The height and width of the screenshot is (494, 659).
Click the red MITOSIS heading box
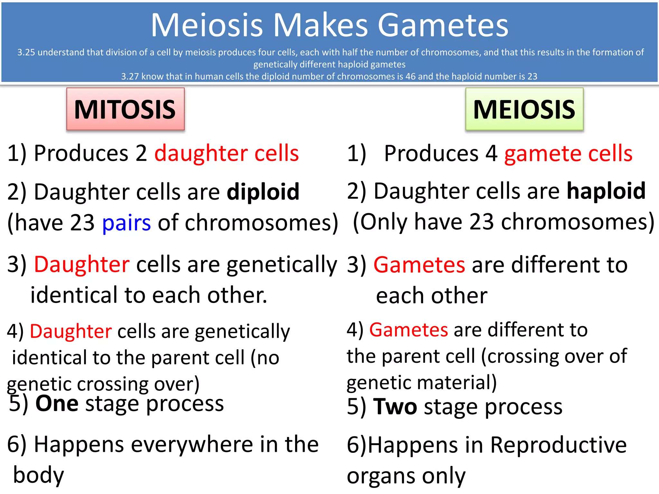[x=125, y=109]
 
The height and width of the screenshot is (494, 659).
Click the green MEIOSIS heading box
[x=524, y=109]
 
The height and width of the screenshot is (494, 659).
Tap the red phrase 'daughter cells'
[x=227, y=153]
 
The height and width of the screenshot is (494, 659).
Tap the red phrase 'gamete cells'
[x=568, y=153]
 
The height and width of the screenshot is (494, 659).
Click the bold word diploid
[x=263, y=192]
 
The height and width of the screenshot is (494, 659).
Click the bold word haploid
[x=606, y=191]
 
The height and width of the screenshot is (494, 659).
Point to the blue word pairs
[x=126, y=223]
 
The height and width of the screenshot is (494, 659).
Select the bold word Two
[x=395, y=407]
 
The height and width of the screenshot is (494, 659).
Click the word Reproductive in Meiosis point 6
[x=558, y=445]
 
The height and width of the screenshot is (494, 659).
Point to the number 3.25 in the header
[x=26, y=52]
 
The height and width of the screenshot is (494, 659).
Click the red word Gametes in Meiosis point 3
[x=419, y=265]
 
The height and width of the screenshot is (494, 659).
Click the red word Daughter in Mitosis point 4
[x=71, y=331]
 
